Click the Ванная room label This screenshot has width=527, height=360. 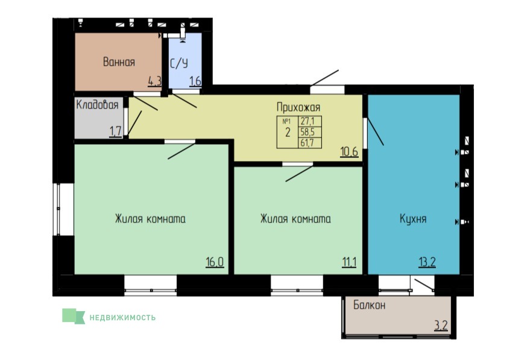[119, 62]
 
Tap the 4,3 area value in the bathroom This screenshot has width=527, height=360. [155, 81]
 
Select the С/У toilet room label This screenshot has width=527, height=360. [179, 63]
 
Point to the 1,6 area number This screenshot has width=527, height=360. [195, 81]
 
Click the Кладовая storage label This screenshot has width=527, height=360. [98, 104]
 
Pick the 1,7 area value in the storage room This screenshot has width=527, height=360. [116, 131]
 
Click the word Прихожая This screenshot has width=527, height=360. [298, 107]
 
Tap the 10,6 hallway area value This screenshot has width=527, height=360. [349, 152]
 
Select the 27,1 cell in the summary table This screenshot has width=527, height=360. [308, 121]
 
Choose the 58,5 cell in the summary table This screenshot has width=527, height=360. [308, 132]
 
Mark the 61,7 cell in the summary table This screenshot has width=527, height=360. [307, 143]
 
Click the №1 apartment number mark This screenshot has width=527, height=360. [286, 121]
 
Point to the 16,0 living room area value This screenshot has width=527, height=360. [215, 262]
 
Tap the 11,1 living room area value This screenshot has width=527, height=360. [349, 262]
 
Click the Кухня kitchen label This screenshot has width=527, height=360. [413, 219]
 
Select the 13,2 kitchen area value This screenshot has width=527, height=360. [427, 262]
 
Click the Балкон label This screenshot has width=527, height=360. [370, 305]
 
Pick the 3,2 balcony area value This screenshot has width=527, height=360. [441, 326]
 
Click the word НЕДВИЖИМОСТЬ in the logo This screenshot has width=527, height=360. [122, 318]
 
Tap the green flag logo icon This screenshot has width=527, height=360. [74, 317]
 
